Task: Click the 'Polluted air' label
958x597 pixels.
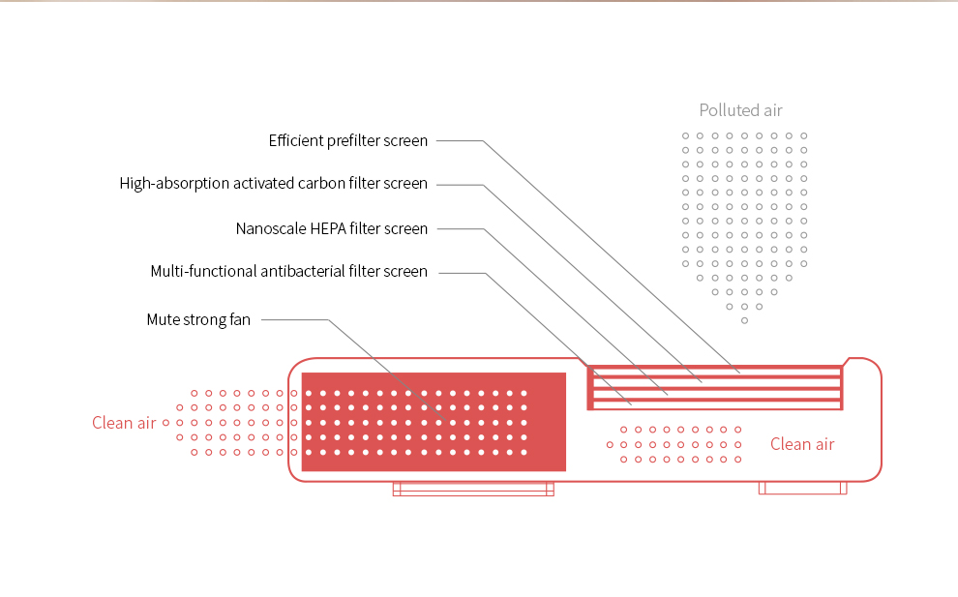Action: click(740, 110)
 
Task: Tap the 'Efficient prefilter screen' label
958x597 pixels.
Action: click(347, 141)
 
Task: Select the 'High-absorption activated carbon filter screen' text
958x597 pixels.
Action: click(273, 184)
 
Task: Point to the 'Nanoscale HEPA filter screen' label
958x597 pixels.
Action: click(331, 229)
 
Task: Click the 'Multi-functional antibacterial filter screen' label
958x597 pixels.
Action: click(288, 272)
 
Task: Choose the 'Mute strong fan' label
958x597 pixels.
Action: click(198, 320)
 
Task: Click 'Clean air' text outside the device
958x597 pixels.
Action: click(124, 423)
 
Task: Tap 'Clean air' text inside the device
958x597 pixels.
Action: click(802, 444)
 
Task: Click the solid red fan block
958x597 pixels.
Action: click(434, 422)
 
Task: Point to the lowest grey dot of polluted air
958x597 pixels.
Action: click(744, 320)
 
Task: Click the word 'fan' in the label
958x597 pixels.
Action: click(239, 320)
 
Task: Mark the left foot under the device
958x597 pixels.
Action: click(472, 489)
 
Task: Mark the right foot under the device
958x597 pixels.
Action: click(802, 488)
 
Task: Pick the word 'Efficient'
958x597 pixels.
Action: click(295, 141)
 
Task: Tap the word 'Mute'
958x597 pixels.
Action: click(164, 320)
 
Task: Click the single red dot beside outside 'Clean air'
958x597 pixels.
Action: click(165, 423)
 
